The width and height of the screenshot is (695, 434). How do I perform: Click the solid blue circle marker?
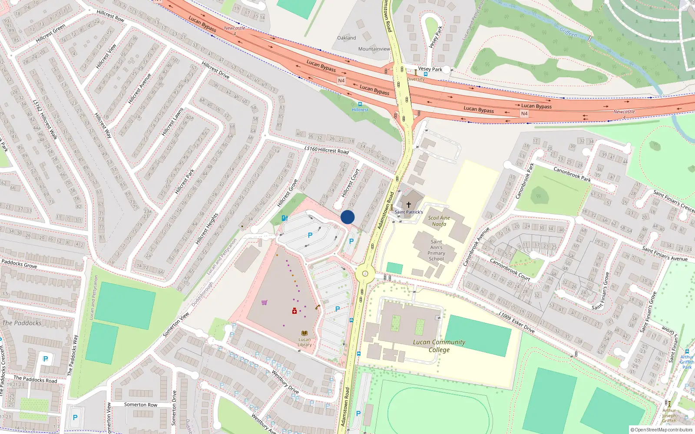pos(347,217)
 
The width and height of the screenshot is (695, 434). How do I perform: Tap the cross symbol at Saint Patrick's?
pos(408,204)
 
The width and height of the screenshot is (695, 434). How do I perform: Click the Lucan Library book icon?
pos(304,333)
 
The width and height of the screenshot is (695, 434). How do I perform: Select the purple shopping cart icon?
pos(264,302)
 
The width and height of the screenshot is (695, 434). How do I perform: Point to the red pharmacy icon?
pos(294,311)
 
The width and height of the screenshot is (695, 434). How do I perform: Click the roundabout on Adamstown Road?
pos(365,273)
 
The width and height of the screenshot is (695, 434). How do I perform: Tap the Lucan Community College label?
pos(439,345)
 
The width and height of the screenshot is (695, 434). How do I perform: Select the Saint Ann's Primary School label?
pos(436,250)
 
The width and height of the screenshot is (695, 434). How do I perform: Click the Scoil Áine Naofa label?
pos(439,221)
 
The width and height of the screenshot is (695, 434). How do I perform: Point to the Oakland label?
pos(346,38)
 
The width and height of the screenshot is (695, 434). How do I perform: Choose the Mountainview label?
pos(374,49)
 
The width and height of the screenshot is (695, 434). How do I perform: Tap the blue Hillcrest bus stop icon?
pos(360,104)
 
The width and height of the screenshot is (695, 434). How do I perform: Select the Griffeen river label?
pos(568,32)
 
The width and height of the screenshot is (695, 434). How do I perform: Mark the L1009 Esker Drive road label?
pos(516,322)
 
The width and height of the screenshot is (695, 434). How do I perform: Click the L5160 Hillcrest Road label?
pos(326,150)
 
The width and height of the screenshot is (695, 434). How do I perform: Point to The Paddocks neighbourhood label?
pos(22,323)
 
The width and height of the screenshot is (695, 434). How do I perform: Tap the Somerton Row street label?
pos(141,404)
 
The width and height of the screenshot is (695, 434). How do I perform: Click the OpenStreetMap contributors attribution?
pos(662,430)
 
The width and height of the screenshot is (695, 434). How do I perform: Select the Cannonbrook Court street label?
pos(510,269)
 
